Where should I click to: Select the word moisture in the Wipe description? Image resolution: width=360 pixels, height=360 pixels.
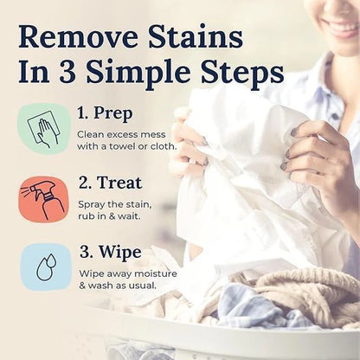(x=147, y=272)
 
